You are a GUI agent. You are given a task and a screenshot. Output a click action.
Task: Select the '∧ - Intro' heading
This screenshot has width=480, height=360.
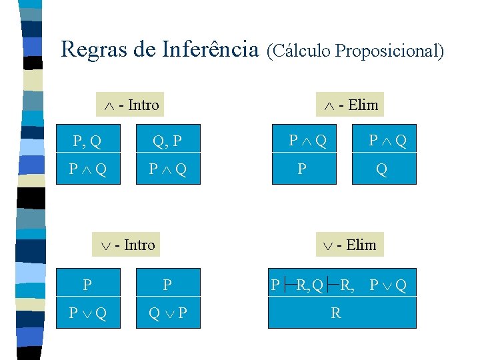point(132,105)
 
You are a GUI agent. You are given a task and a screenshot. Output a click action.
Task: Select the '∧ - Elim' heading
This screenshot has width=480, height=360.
point(351,105)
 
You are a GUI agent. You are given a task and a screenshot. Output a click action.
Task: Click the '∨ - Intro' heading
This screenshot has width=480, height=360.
point(128,245)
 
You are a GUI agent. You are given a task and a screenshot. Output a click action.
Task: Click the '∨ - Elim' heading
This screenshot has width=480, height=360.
point(349,245)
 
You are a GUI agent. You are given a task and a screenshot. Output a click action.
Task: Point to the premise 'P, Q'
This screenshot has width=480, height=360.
point(87,141)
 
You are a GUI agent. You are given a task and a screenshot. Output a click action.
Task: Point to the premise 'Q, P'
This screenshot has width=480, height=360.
point(167,141)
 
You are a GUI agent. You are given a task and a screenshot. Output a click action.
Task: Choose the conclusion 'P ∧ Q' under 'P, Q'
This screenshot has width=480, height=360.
point(87,169)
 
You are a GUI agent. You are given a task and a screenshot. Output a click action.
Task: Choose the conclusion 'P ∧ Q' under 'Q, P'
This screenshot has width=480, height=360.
point(167,169)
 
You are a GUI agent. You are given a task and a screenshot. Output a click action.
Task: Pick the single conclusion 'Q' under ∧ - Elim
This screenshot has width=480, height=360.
point(381,169)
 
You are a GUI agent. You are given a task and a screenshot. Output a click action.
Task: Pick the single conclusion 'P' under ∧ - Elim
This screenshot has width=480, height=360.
point(302,169)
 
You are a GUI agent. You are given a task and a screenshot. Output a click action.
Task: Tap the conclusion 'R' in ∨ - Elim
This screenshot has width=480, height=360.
point(336,313)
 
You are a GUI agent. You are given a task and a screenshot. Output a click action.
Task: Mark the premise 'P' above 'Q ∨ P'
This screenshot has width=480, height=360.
point(167,285)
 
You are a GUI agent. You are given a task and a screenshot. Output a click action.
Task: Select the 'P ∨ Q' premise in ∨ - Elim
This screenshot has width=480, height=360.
point(390,286)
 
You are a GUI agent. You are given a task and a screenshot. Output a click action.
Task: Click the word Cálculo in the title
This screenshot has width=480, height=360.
point(299,51)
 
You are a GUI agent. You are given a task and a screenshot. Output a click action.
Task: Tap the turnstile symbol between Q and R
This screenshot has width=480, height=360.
point(331,286)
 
